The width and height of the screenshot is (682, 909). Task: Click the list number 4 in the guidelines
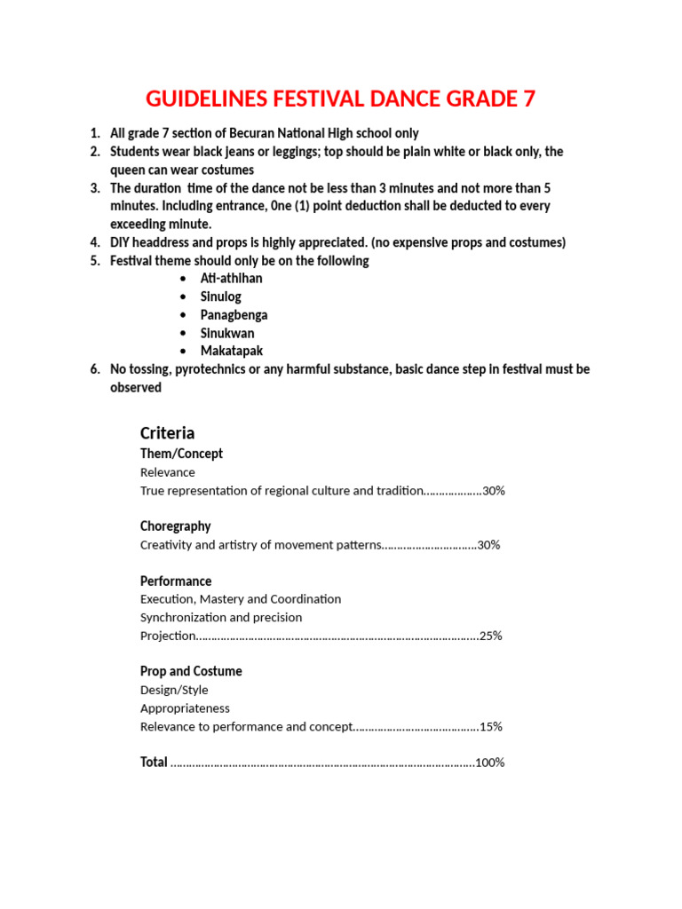tap(94, 242)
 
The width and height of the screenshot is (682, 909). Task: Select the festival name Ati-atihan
tap(231, 279)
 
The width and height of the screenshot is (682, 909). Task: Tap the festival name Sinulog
tap(220, 296)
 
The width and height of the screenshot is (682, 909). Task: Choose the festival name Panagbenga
tap(234, 315)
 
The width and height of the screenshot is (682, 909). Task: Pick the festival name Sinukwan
tap(226, 333)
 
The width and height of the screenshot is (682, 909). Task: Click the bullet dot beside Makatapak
tap(182, 352)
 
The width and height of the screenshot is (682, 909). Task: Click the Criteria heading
tap(167, 433)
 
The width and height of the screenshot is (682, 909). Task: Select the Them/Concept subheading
tap(181, 454)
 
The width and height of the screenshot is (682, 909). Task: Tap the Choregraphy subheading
tap(175, 526)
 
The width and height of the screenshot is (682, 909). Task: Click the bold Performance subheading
tap(176, 581)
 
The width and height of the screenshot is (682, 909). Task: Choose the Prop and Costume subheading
tap(191, 671)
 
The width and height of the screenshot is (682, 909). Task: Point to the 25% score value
tap(490, 636)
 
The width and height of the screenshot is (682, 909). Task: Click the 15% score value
tap(490, 726)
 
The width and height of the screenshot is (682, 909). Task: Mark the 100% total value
tap(489, 763)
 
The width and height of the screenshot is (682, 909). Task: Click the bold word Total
tap(154, 762)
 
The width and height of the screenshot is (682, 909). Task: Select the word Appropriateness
tap(185, 708)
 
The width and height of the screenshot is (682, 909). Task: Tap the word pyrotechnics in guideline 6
tap(209, 369)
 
